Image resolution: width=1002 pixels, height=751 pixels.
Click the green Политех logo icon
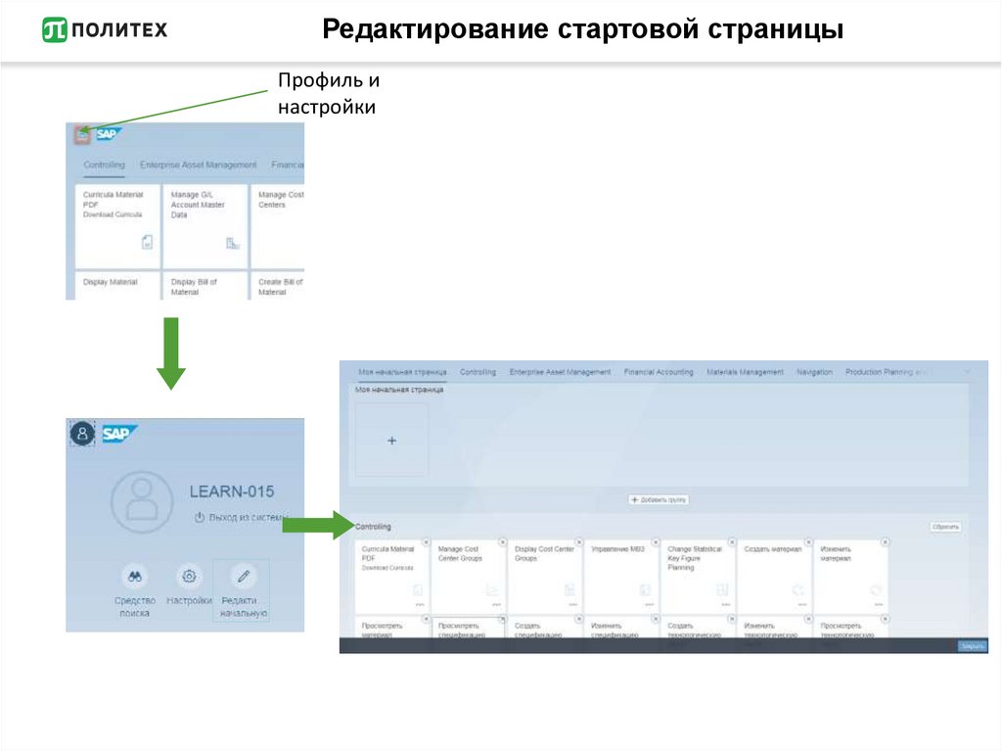[x=55, y=29]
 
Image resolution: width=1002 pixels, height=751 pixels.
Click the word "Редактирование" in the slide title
[x=436, y=30]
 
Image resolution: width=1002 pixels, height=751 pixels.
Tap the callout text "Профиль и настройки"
[x=327, y=94]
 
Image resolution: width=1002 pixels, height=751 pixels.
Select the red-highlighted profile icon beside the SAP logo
[x=82, y=135]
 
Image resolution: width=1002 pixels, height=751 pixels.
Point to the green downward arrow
[x=170, y=352]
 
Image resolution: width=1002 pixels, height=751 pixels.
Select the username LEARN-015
[x=232, y=492]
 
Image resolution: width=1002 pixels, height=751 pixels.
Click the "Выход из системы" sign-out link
[x=241, y=517]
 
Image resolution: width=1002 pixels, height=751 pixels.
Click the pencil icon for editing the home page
[x=244, y=576]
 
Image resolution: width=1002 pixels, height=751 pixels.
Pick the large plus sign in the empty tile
[x=391, y=441]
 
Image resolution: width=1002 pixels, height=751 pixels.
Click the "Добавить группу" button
[x=659, y=499]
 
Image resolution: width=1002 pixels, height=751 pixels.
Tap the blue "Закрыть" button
[x=971, y=646]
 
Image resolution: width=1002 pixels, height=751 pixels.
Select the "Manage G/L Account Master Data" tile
[x=205, y=226]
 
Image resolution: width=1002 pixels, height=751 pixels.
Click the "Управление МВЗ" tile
[x=621, y=577]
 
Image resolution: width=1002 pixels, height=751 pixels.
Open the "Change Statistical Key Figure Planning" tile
[x=698, y=577]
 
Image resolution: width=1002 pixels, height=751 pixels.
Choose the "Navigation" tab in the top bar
[x=814, y=372]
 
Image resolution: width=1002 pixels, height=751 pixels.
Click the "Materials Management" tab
[x=745, y=372]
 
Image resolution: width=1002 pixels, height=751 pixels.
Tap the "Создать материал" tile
[x=774, y=577]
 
